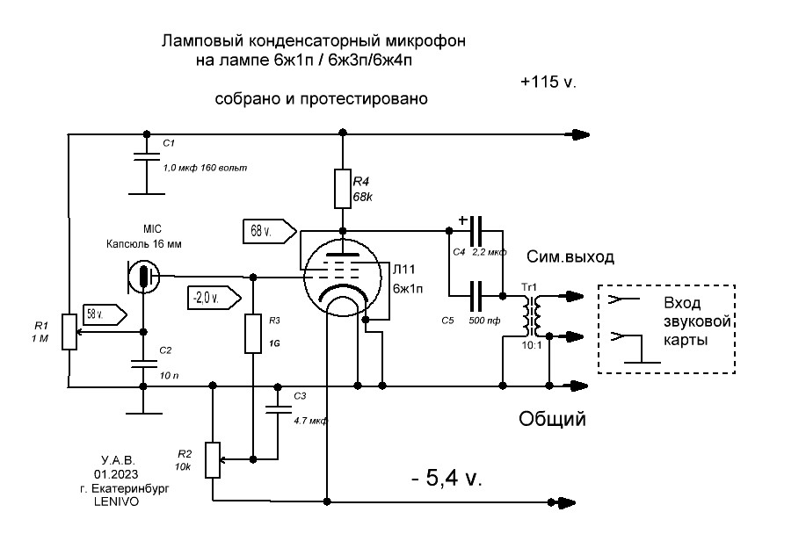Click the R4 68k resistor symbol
[x=343, y=188]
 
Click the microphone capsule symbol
[x=142, y=276]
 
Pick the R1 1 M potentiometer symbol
[x=68, y=331]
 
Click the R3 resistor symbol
[x=252, y=333]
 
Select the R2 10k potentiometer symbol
[x=213, y=458]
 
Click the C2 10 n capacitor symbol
[x=142, y=363]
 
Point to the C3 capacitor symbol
[x=279, y=407]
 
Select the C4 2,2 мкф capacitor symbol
[x=476, y=231]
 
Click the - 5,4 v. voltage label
[x=447, y=480]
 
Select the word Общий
[x=551, y=419]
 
